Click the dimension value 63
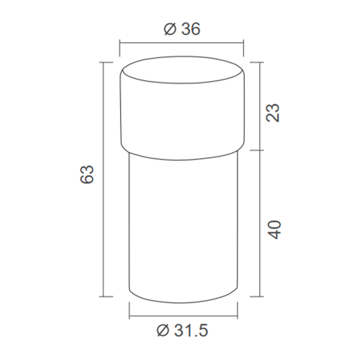click(87, 174)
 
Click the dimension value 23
click(273, 113)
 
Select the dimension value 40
click(274, 230)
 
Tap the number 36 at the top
click(191, 29)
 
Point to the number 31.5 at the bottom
click(191, 331)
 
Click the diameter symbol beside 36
click(170, 29)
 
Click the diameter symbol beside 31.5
click(163, 331)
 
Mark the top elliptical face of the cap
click(182, 70)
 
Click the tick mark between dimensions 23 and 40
click(257, 151)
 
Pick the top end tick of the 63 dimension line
click(106, 62)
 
